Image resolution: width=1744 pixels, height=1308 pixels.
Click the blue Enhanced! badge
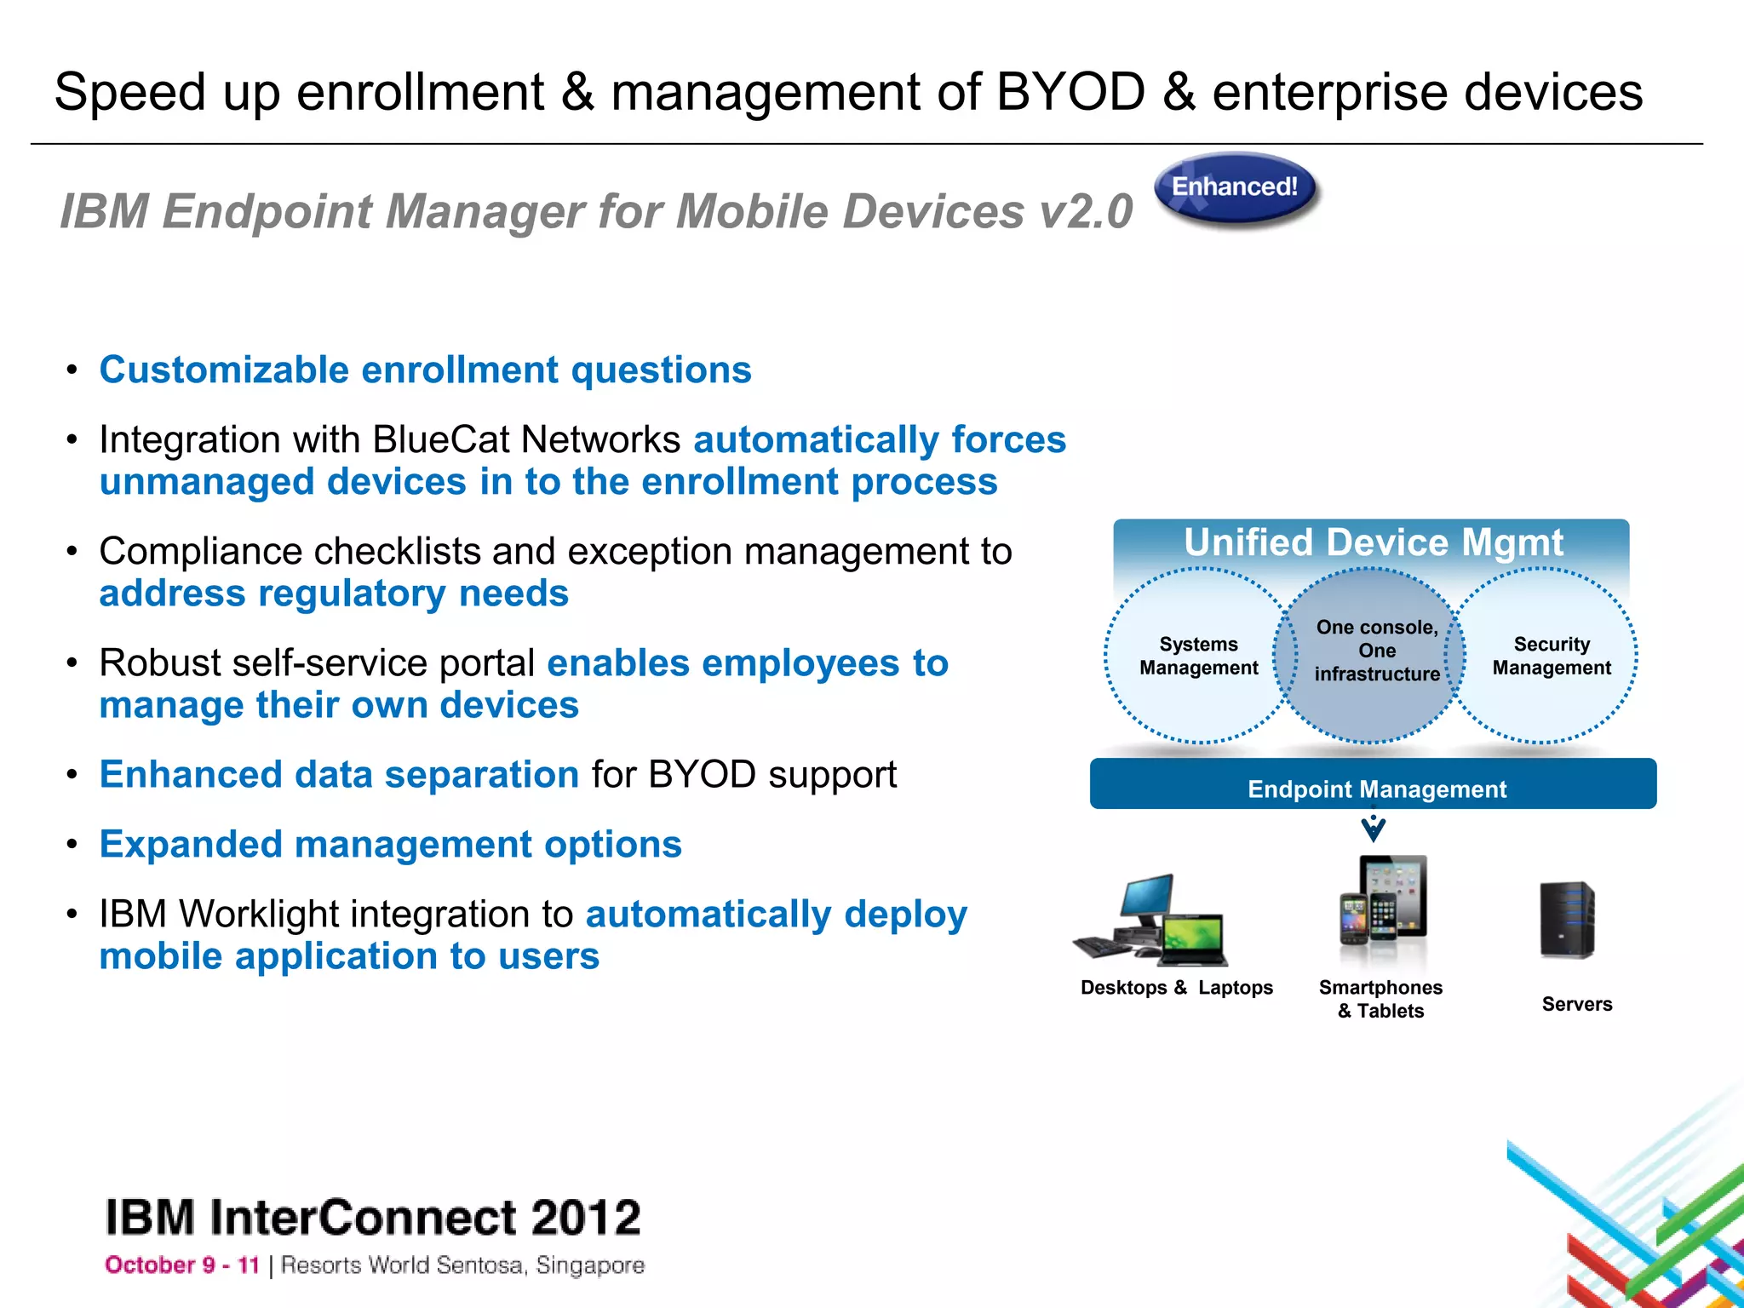pyautogui.click(x=1235, y=187)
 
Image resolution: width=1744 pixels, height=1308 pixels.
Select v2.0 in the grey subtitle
pyautogui.click(x=1086, y=211)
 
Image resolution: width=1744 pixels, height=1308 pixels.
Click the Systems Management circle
pyautogui.click(x=1198, y=656)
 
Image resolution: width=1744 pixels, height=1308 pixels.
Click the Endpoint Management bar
pyautogui.click(x=1373, y=784)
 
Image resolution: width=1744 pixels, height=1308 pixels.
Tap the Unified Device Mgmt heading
pyautogui.click(x=1373, y=542)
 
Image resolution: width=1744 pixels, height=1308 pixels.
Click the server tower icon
pyautogui.click(x=1567, y=920)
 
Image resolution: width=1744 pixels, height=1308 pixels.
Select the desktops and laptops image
pyautogui.click(x=1150, y=922)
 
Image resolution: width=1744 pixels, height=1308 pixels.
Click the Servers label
pyautogui.click(x=1576, y=1004)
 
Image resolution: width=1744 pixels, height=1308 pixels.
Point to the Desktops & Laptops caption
pyautogui.click(x=1176, y=988)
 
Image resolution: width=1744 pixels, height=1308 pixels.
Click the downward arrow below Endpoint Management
pyautogui.click(x=1373, y=826)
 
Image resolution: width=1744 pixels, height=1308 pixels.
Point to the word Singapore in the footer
pyautogui.click(x=590, y=1265)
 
